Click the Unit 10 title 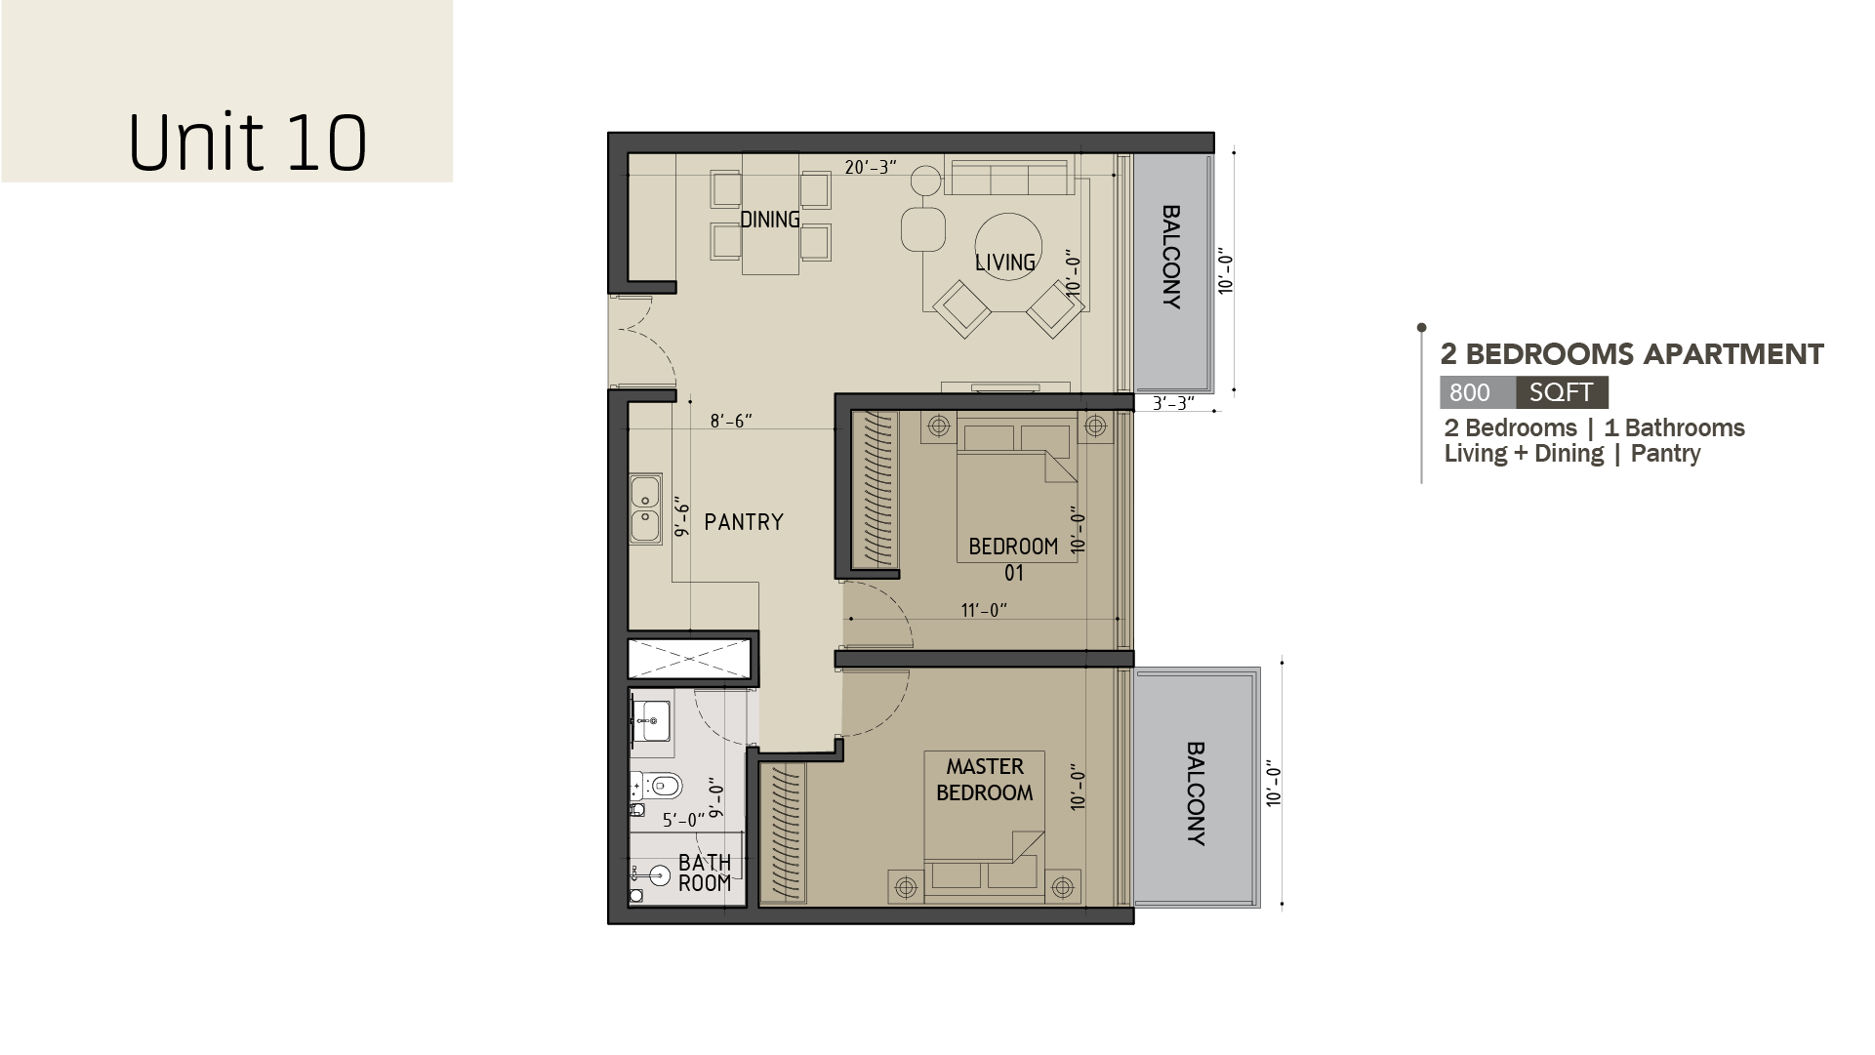click(x=248, y=142)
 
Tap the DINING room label click(x=770, y=220)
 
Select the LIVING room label click(x=1005, y=263)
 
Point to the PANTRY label click(x=744, y=522)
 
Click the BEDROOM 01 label click(x=1013, y=559)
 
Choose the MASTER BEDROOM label click(x=985, y=780)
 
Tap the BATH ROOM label click(x=705, y=872)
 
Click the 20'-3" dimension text click(x=871, y=168)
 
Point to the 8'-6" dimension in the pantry click(x=731, y=422)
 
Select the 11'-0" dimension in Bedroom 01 click(x=984, y=611)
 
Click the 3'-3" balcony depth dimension click(x=1172, y=403)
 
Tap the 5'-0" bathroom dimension click(x=683, y=821)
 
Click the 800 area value click(x=1470, y=392)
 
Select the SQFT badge click(x=1562, y=392)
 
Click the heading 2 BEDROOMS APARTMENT click(x=1632, y=354)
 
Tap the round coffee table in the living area click(x=1008, y=247)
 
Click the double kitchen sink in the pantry click(x=645, y=508)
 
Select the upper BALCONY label click(x=1171, y=257)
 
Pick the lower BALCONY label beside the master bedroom click(x=1196, y=793)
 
